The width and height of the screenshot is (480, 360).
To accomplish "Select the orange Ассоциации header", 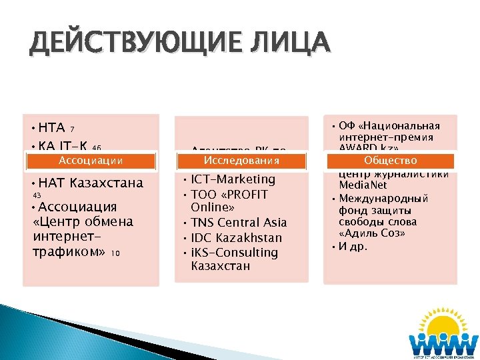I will pos(90,161).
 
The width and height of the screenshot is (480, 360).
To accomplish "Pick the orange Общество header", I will pos(391,161).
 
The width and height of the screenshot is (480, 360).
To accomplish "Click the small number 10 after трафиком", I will pos(115,253).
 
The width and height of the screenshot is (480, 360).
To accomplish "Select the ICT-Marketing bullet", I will pos(233,179).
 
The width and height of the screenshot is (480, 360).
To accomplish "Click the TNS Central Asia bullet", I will pos(239,223).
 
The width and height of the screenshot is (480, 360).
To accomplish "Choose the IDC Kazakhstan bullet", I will pos(237,238).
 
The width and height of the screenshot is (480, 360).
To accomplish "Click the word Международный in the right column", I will pos(383,198).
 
